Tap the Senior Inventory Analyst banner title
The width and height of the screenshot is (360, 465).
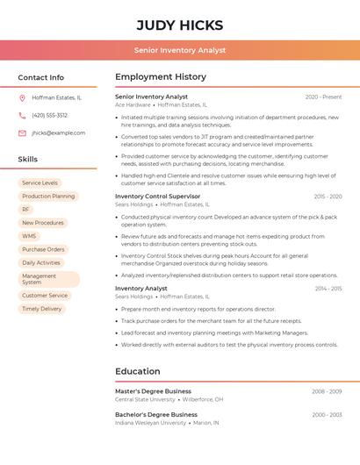tap(180, 50)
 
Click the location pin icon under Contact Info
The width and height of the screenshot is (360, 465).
tap(22, 97)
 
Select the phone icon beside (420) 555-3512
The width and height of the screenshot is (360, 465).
tap(22, 115)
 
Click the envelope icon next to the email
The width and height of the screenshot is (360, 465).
tap(22, 132)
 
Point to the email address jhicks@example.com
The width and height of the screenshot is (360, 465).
tap(58, 132)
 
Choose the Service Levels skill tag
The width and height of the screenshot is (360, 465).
tap(40, 182)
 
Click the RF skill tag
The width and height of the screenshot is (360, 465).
tap(25, 210)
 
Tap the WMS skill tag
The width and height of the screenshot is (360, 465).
tap(29, 236)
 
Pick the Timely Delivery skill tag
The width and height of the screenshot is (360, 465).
tap(41, 309)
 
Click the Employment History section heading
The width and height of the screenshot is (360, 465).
tap(161, 77)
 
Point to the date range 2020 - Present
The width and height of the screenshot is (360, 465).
tap(323, 97)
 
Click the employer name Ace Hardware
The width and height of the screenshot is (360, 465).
tap(133, 104)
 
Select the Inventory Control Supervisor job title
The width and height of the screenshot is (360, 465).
tap(158, 197)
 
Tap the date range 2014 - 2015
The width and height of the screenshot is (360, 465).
tap(328, 288)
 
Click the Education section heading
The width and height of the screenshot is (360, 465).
tap(138, 371)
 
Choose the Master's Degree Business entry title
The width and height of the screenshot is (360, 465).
tap(153, 391)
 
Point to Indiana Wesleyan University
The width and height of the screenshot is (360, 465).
tap(150, 422)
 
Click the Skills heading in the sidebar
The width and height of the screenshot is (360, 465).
tap(27, 160)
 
